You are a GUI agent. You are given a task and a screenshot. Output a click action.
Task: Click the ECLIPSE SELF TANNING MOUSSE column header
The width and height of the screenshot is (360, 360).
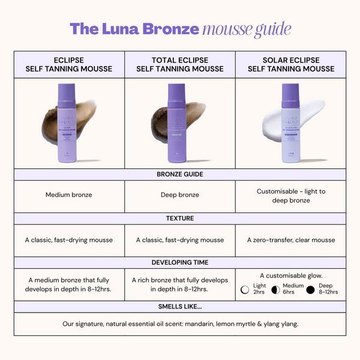point(69,65)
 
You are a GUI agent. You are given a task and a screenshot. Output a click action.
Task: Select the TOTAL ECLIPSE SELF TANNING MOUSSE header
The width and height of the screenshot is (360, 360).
point(179,65)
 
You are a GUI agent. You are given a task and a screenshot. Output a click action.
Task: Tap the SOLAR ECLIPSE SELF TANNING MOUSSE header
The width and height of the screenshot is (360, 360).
point(290,65)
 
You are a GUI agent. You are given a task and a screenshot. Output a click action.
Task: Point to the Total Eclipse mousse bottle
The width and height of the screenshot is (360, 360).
point(176,122)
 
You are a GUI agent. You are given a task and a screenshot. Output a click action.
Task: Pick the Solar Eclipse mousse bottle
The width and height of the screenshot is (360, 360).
point(290,122)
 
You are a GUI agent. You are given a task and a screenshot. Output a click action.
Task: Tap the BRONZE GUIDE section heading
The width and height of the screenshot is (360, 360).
point(179,174)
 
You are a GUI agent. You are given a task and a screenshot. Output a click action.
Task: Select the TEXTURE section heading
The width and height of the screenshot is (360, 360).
point(179,218)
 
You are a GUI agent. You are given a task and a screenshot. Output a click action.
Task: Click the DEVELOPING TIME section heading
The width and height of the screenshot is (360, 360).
point(179,262)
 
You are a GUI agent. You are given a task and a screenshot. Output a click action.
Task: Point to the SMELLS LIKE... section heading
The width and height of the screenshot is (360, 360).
point(179,306)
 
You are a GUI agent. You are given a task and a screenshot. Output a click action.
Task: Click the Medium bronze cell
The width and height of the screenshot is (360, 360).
point(68,195)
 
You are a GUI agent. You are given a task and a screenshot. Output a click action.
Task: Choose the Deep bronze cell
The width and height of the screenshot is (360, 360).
point(179,195)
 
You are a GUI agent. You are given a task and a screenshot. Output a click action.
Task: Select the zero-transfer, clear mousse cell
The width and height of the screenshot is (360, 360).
point(290,240)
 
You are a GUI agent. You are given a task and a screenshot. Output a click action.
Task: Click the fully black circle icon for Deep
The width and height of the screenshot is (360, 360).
point(310,290)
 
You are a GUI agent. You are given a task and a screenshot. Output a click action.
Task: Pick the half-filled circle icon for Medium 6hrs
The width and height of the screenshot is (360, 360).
point(275,290)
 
